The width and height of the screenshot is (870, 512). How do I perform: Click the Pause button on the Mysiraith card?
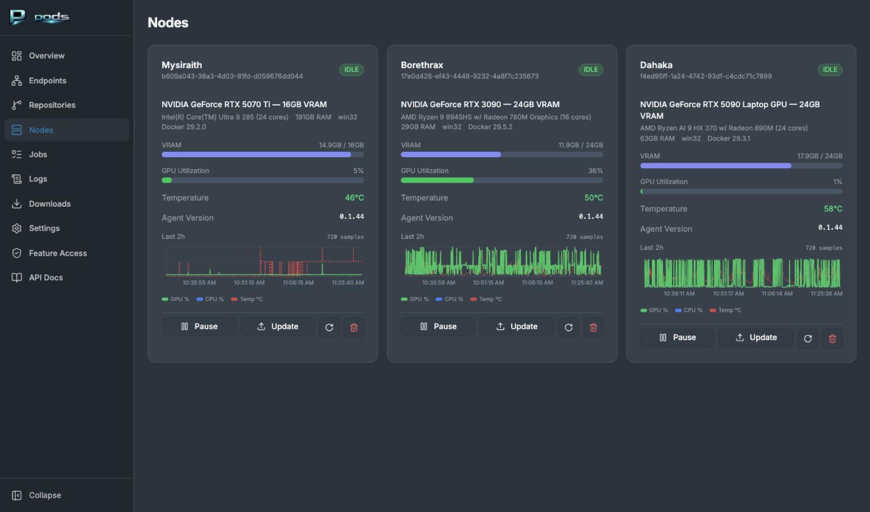tap(199, 326)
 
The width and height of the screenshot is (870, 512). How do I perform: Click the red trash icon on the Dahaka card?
tap(832, 338)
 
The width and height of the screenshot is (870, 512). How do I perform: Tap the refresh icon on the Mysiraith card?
tap(330, 328)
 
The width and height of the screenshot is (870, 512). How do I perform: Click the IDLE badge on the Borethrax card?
tap(591, 70)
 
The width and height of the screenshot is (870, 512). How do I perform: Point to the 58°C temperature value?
tap(832, 209)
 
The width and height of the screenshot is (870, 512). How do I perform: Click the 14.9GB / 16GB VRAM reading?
tap(341, 145)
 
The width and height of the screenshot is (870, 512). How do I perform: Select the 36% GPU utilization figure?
tap(595, 171)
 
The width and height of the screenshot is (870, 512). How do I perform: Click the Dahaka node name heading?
tap(656, 65)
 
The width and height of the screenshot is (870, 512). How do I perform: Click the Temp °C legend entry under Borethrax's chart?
tap(486, 299)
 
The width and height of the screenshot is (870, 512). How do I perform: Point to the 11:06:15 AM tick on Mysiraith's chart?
tap(299, 282)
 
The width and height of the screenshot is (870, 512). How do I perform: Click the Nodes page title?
tap(168, 22)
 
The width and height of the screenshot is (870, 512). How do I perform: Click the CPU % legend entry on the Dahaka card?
tap(688, 310)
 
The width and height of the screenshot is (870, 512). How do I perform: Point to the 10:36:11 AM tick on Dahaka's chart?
tap(679, 293)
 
